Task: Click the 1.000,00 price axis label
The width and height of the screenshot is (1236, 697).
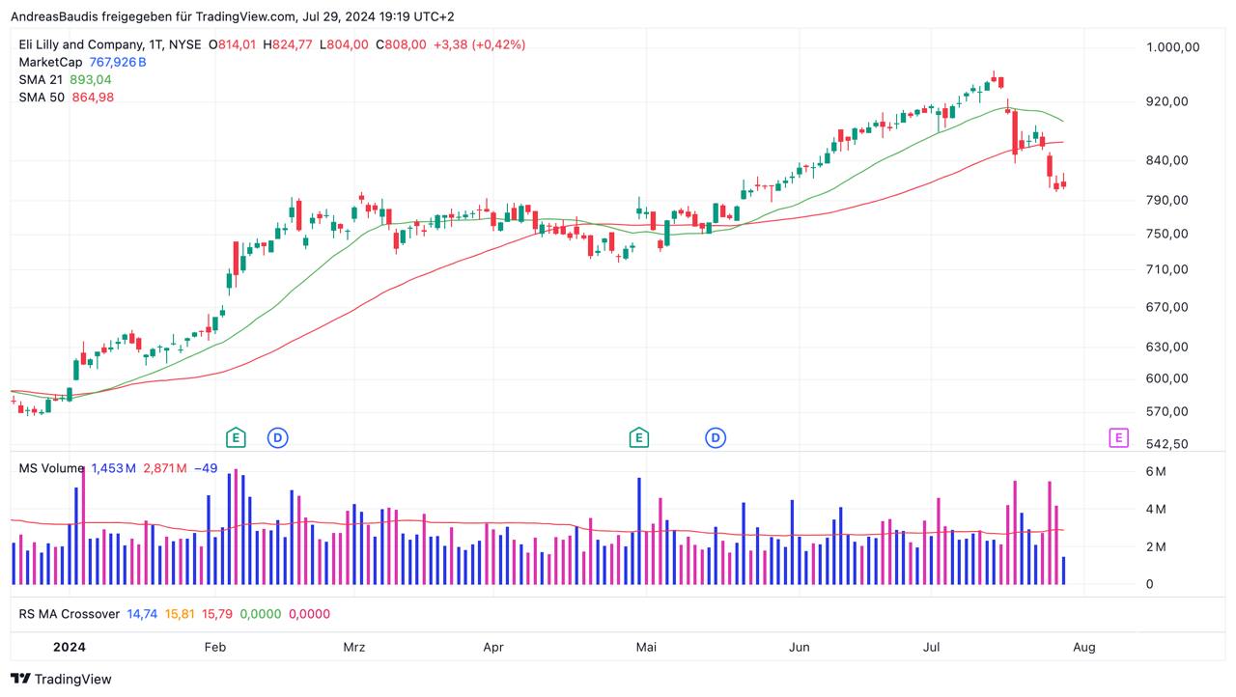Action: tap(1172, 47)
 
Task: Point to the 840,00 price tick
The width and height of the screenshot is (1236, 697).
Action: tap(1166, 160)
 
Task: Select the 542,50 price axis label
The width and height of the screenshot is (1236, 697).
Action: tap(1166, 444)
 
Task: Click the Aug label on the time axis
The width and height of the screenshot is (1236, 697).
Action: tap(1084, 647)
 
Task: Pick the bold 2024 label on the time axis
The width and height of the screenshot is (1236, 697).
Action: tap(70, 647)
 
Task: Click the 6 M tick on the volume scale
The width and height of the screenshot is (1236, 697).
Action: tap(1156, 471)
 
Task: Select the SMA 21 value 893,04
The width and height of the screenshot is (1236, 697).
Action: tap(91, 79)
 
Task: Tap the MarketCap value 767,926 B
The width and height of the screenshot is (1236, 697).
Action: tap(118, 62)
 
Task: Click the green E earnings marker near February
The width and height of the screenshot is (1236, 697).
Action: tap(235, 438)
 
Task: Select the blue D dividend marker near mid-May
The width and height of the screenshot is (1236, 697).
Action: tap(716, 438)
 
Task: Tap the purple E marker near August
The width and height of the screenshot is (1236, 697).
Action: tap(1117, 438)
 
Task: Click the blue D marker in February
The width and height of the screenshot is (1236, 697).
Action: tap(278, 438)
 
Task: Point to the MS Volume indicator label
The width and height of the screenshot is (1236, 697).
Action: tap(51, 468)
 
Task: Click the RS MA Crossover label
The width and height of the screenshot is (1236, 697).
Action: tap(69, 614)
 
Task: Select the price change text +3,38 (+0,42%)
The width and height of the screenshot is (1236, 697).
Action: tap(479, 44)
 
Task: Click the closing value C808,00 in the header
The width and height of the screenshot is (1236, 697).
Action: tap(401, 44)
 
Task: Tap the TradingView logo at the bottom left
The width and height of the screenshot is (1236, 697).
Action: tap(61, 679)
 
